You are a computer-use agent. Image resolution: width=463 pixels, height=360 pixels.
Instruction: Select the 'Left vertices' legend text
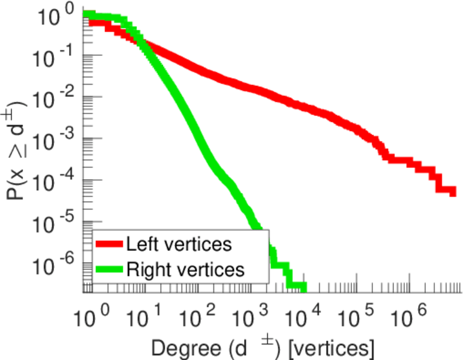point(178,245)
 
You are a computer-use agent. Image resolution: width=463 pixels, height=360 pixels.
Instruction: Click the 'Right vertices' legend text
point(185,269)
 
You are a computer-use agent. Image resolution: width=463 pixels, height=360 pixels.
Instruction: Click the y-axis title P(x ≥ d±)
point(18,150)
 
